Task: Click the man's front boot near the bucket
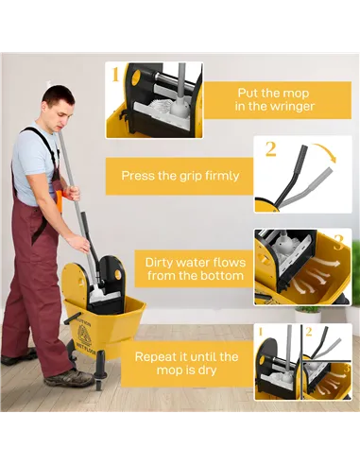[x=69, y=377]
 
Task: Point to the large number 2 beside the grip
[x=270, y=148]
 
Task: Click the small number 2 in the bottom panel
[x=306, y=332]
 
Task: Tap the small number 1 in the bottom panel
[x=260, y=332]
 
